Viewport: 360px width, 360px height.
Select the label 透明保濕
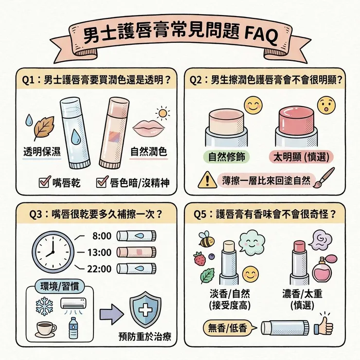tap(42, 152)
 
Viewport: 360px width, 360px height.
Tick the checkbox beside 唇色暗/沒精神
tap(102, 183)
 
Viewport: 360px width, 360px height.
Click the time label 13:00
tap(102, 252)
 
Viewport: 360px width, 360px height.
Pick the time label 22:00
tap(102, 268)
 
